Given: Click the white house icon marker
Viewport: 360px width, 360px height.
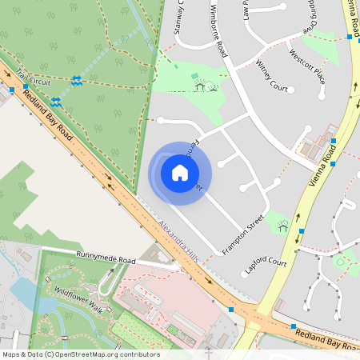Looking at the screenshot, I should click(180, 172).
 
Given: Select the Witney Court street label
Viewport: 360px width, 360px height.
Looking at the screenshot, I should click(271, 74).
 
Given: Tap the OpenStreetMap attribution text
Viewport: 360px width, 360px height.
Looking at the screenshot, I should click(80, 354).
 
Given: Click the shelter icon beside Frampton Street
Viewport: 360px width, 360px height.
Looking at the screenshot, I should click(282, 227).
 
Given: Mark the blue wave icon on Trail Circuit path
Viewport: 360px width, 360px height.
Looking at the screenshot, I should click(76, 80).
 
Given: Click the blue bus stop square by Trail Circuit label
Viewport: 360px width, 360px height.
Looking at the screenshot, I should click(12, 90).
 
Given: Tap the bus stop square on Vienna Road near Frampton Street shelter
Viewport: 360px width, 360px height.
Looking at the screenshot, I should click(302, 231).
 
